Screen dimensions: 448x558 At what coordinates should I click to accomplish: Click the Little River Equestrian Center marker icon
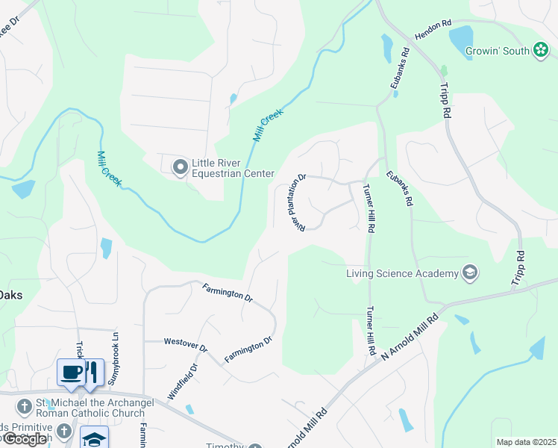pyautogui.click(x=180, y=167)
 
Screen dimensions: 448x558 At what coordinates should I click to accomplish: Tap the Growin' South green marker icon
pyautogui.click(x=541, y=50)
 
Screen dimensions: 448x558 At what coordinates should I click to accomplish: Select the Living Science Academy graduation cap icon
pyautogui.click(x=470, y=273)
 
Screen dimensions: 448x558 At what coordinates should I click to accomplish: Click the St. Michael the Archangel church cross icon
pyautogui.click(x=25, y=405)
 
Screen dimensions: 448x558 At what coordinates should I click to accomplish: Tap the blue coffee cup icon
pyautogui.click(x=72, y=371)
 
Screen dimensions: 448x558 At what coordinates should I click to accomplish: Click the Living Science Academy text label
pyautogui.click(x=402, y=273)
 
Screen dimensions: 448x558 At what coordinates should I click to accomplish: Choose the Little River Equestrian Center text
pyautogui.click(x=233, y=168)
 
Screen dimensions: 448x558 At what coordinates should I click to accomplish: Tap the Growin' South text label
pyautogui.click(x=497, y=51)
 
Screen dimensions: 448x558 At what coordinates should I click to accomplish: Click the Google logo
pyautogui.click(x=26, y=439)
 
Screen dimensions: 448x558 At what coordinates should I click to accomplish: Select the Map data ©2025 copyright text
pyautogui.click(x=525, y=442)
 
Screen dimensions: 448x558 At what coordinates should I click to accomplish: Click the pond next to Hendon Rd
pyautogui.click(x=461, y=37)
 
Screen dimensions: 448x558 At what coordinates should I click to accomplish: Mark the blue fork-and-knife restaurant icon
pyautogui.click(x=93, y=371)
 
